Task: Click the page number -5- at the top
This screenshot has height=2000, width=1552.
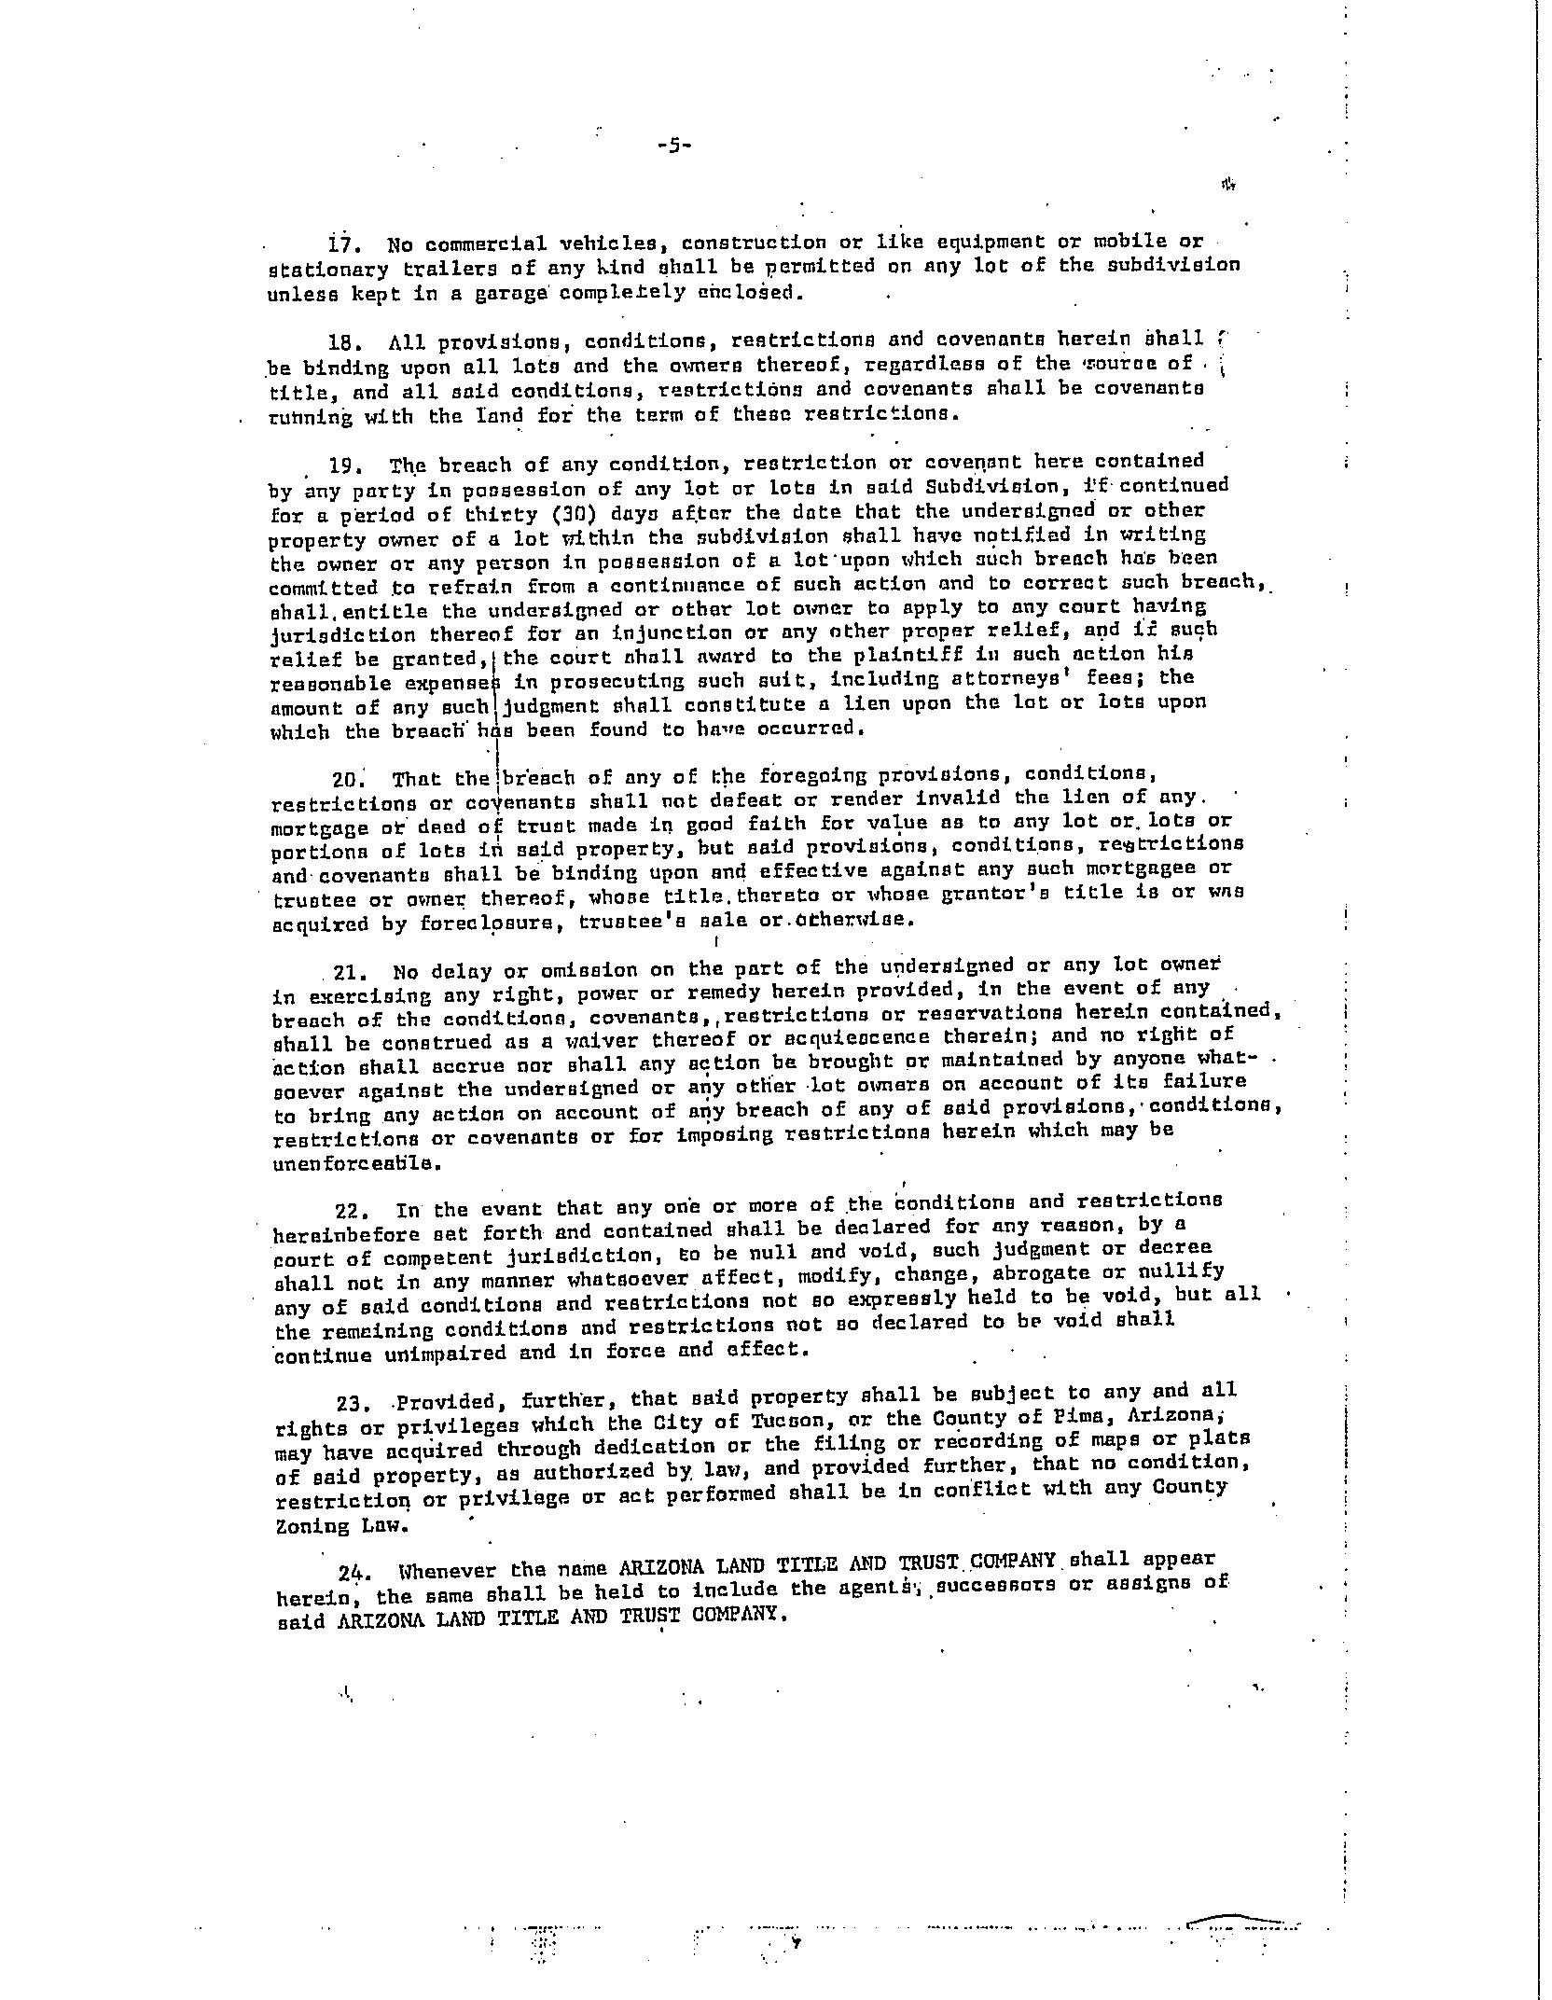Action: (672, 146)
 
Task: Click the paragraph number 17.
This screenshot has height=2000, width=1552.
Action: (343, 245)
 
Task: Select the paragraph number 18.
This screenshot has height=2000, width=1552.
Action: (344, 342)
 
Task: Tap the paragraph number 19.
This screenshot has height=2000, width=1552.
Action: (344, 465)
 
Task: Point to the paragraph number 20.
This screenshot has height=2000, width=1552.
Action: (347, 779)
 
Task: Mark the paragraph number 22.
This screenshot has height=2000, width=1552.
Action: (352, 1211)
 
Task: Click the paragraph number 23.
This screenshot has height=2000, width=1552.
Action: (353, 1402)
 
